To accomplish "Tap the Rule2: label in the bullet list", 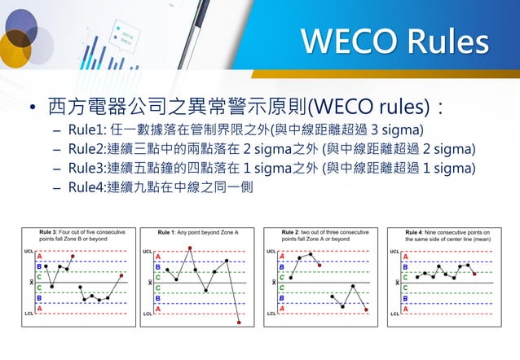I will click(x=90, y=149).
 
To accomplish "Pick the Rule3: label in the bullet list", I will click(x=90, y=169).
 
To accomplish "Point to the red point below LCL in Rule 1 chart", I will click(x=238, y=323).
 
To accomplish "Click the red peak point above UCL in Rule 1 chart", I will click(x=190, y=248).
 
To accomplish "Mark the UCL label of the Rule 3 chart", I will click(x=28, y=252).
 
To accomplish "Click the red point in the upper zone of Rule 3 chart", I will click(x=73, y=256).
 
